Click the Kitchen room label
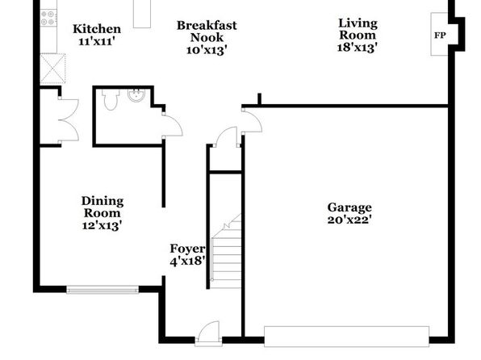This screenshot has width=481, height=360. pyautogui.click(x=97, y=29)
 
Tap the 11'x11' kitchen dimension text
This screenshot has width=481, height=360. pyautogui.click(x=97, y=41)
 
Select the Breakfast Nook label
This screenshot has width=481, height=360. pyautogui.click(x=207, y=31)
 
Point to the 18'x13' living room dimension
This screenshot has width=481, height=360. pyautogui.click(x=357, y=48)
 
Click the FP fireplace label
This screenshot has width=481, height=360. pyautogui.click(x=440, y=36)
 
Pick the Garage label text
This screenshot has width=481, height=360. pyautogui.click(x=349, y=207)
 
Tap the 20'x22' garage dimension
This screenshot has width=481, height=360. pyautogui.click(x=349, y=220)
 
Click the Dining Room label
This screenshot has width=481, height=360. pyautogui.click(x=102, y=207)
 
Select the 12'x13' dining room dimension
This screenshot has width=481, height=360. pyautogui.click(x=102, y=225)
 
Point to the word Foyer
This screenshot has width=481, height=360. pyautogui.click(x=188, y=249)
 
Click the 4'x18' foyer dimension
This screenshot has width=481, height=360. pyautogui.click(x=188, y=262)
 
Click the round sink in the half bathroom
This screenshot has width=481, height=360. pyautogui.click(x=136, y=95)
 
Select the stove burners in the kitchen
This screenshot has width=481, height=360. pyautogui.click(x=48, y=18)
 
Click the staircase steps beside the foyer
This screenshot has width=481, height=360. pyautogui.click(x=226, y=252)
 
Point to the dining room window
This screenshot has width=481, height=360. pyautogui.click(x=102, y=290)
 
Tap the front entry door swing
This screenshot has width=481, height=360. pyautogui.click(x=209, y=333)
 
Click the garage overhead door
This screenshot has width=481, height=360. pyautogui.click(x=347, y=337)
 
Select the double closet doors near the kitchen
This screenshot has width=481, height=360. pyautogui.click(x=69, y=120)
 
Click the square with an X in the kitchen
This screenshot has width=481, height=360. pyautogui.click(x=52, y=69)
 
